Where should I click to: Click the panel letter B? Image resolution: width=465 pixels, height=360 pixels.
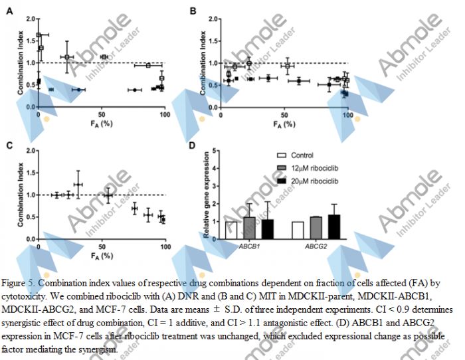pyautogui.click(x=193, y=11)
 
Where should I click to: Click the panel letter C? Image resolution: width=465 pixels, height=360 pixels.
pyautogui.click(x=9, y=145)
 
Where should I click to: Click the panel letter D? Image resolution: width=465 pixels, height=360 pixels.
pyautogui.click(x=192, y=145)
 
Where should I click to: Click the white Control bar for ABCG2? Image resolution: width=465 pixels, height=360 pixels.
pyautogui.click(x=298, y=230)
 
